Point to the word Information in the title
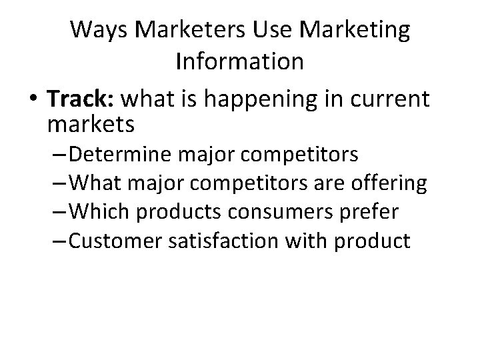coord(240,61)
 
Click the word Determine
coord(124,155)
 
